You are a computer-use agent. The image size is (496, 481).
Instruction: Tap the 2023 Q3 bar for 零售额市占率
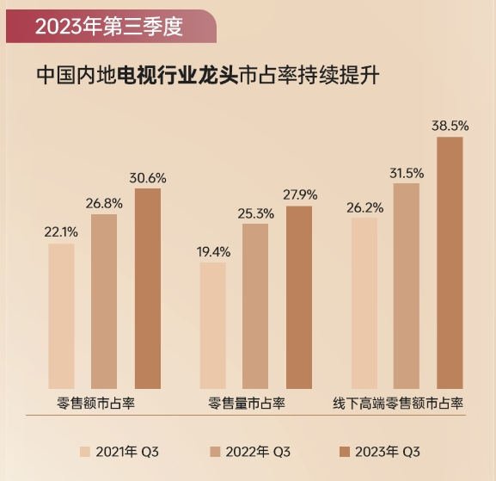pyautogui.click(x=148, y=288)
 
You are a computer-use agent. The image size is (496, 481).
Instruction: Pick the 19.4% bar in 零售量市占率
pyautogui.click(x=212, y=325)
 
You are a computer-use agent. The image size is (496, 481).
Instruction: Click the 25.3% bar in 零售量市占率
pyautogui.click(x=255, y=306)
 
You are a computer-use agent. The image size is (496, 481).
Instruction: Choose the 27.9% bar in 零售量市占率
pyautogui.click(x=299, y=298)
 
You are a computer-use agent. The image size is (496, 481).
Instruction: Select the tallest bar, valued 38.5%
pyautogui.click(x=450, y=262)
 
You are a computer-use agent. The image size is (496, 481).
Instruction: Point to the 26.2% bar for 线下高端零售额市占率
pyautogui.click(x=364, y=303)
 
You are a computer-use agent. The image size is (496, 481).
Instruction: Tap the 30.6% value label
pyautogui.click(x=148, y=178)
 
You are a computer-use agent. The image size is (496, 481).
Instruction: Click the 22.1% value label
pyautogui.click(x=61, y=232)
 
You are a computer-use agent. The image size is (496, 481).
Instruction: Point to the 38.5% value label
pyautogui.click(x=450, y=126)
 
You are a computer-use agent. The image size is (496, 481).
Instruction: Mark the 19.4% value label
pyautogui.click(x=212, y=251)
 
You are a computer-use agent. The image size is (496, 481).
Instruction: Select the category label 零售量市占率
pyautogui.click(x=247, y=402)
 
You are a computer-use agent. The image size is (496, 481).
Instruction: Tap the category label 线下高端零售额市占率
pyautogui.click(x=398, y=402)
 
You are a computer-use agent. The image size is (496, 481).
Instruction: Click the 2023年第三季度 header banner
pyautogui.click(x=108, y=26)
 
